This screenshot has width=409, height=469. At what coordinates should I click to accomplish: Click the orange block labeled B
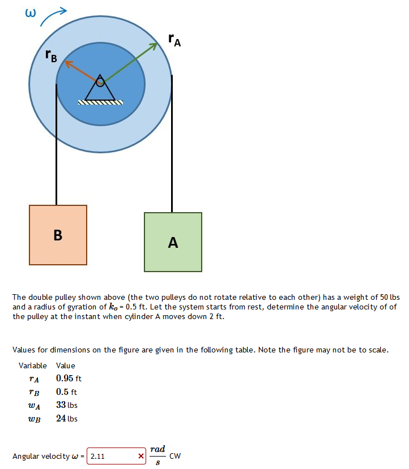tap(58, 235)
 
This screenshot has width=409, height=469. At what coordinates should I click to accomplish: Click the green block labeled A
tap(173, 242)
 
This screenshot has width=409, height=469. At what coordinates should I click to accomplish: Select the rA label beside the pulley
tap(174, 40)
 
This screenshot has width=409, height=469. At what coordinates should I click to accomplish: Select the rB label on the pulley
tap(51, 55)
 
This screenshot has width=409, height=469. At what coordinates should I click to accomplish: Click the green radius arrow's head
tap(155, 45)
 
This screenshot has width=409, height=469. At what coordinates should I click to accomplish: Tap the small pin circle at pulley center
tap(100, 82)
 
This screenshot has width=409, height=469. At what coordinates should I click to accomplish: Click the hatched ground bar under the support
tap(100, 103)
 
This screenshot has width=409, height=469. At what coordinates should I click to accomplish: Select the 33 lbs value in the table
tap(67, 405)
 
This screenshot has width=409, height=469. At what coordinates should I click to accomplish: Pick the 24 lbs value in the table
tap(67, 419)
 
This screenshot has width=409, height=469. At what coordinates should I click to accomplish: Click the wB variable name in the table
tap(33, 419)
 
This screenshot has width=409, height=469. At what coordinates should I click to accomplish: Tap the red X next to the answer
tap(141, 456)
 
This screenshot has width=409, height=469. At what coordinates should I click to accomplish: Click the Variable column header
tap(32, 365)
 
